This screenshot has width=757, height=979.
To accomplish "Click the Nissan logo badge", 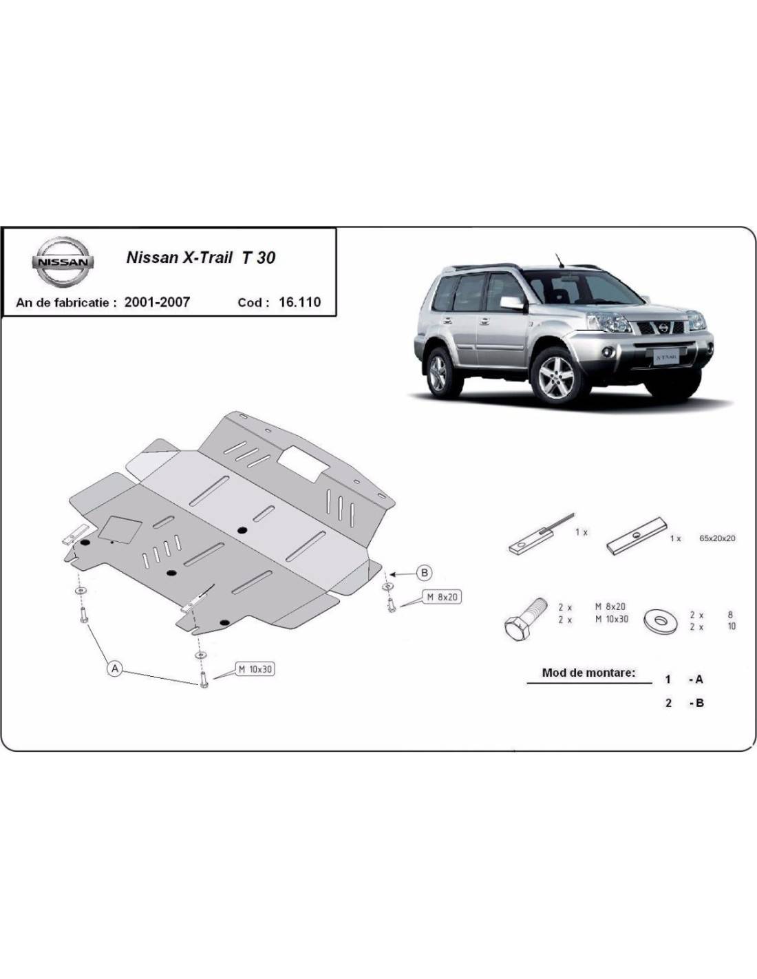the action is click(63, 262).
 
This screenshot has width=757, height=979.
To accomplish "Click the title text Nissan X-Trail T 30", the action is click(201, 257).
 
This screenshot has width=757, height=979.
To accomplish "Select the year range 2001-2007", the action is click(157, 302).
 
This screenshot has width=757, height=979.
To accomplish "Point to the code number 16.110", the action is click(299, 302).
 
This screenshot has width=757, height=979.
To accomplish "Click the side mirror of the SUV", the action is click(513, 303).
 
